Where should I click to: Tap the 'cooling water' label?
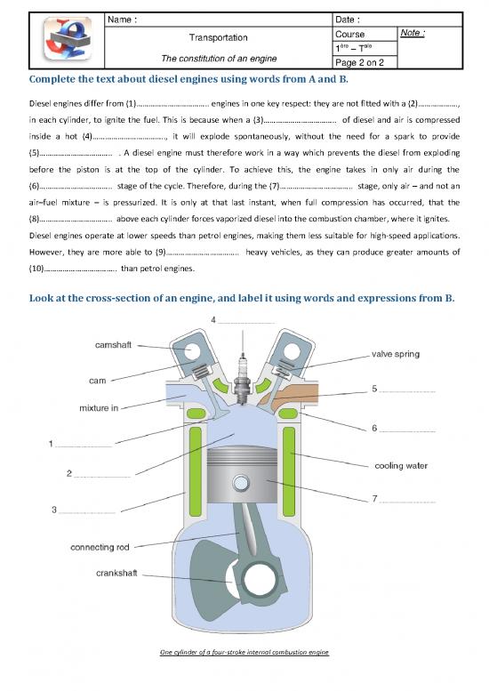point(405,465)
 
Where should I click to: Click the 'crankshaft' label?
point(116,574)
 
